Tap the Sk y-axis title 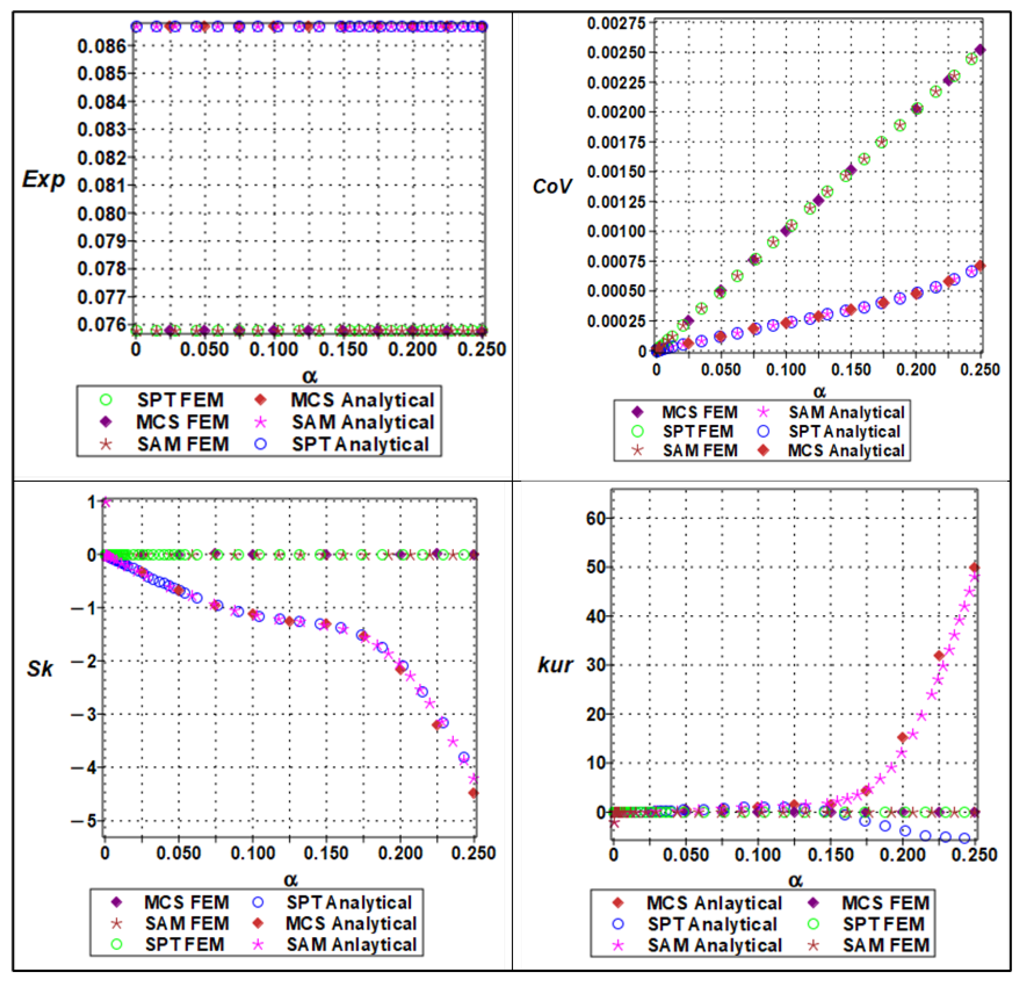(40, 669)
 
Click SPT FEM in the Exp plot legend (180, 400)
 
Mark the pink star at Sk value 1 (106, 502)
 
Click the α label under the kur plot (795, 881)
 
